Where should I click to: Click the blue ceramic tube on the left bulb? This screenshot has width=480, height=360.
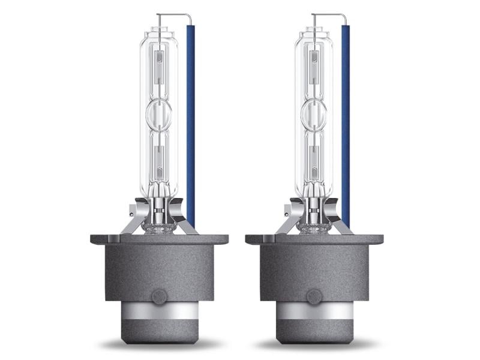(x=190, y=120)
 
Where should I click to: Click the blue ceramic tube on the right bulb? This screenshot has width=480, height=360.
(x=345, y=120)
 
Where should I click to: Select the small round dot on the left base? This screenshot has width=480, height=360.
(x=159, y=296)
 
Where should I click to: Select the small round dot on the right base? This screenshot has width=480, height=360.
(x=314, y=296)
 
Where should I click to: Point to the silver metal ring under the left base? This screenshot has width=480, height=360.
(x=159, y=318)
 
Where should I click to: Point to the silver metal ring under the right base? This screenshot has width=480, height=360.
(x=314, y=318)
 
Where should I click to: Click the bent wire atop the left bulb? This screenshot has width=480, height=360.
(x=174, y=14)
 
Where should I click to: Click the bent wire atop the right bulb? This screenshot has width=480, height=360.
(x=329, y=14)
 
